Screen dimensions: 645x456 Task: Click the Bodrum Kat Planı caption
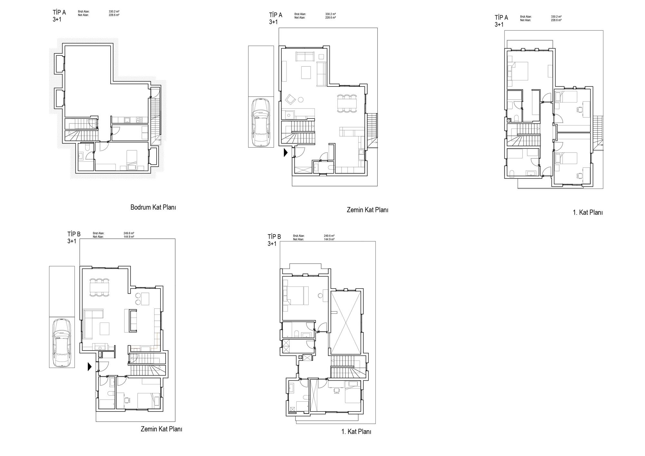pos(153,207)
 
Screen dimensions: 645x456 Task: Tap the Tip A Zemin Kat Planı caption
pos(367,210)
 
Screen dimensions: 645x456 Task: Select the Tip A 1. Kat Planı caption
pos(588,213)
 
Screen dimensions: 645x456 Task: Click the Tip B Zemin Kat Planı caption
pos(161,429)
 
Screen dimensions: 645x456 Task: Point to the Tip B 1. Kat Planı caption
pos(356,432)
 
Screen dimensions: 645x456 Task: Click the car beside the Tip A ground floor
pos(261,123)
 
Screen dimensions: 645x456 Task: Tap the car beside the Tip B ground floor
pos(62,342)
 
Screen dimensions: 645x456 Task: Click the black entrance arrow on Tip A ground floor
pos(285,153)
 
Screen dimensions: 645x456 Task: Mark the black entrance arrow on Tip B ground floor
pos(90,367)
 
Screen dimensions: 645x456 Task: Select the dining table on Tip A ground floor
pos(347,103)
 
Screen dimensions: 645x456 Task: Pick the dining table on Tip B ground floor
pos(99,287)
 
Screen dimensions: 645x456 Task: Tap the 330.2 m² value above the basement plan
pos(114,12)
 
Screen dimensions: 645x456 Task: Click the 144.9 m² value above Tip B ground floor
pos(129,237)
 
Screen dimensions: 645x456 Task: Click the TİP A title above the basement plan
pos(59,13)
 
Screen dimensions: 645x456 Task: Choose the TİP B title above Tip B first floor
pos(274,237)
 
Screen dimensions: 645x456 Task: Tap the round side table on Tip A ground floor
pos(301,100)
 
